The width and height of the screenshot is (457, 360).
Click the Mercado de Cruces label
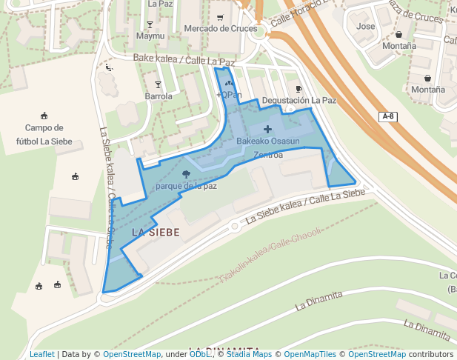216,28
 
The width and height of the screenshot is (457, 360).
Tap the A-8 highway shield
387,116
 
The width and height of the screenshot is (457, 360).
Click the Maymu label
150,36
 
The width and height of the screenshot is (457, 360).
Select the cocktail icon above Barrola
158,84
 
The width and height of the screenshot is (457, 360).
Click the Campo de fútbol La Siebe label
44,134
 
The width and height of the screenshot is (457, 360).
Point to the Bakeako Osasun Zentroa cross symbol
267,130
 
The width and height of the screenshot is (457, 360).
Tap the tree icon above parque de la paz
185,174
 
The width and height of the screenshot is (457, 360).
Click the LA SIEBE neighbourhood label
156,232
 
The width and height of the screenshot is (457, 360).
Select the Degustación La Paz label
299,100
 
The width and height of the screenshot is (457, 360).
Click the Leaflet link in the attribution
41,354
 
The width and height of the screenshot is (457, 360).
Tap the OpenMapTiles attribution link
310,354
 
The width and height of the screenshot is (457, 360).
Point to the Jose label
366,27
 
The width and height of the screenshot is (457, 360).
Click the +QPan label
229,95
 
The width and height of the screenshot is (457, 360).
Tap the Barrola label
159,96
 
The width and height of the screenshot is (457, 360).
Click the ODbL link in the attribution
199,354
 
